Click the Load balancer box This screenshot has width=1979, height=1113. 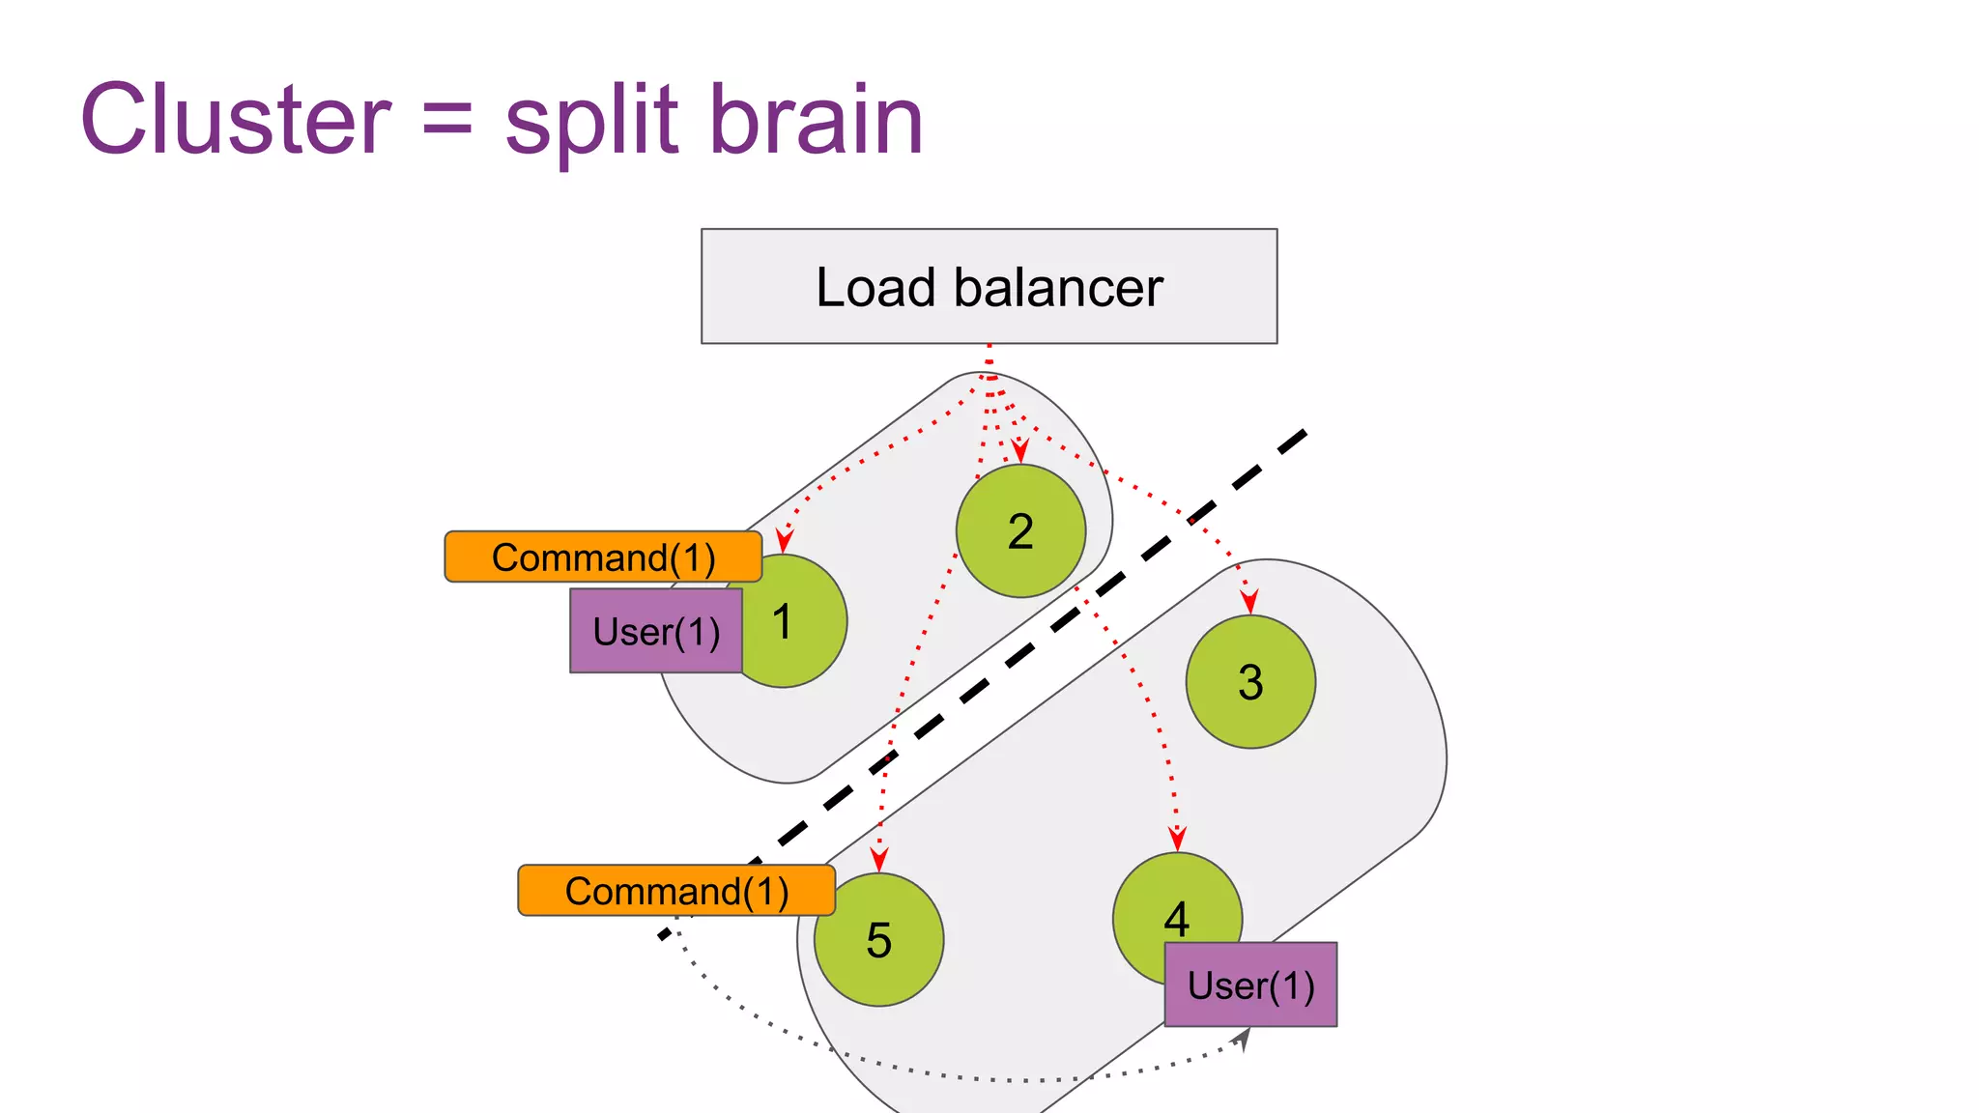pyautogui.click(x=989, y=286)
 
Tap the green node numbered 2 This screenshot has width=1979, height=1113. pyautogui.click(x=1020, y=531)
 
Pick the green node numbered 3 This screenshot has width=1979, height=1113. pyautogui.click(x=1250, y=682)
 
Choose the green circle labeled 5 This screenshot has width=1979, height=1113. pyautogui.click(x=878, y=940)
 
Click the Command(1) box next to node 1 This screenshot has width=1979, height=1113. pyautogui.click(x=603, y=556)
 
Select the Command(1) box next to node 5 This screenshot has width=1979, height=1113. pyautogui.click(x=676, y=891)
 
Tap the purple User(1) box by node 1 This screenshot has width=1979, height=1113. pyautogui.click(x=656, y=631)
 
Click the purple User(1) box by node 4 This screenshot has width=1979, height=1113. pyautogui.click(x=1250, y=985)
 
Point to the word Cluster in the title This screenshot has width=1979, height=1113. pyautogui.click(x=236, y=120)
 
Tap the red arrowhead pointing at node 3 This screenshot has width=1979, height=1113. pyautogui.click(x=1249, y=602)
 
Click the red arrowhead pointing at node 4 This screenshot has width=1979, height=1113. pyautogui.click(x=1177, y=838)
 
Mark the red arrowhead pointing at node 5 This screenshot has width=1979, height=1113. pyautogui.click(x=878, y=859)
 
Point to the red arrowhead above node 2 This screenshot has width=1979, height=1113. pyautogui.click(x=1019, y=450)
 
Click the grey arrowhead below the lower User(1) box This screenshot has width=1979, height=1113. pyautogui.click(x=1244, y=1039)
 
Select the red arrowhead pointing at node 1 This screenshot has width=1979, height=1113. pyautogui.click(x=785, y=540)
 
